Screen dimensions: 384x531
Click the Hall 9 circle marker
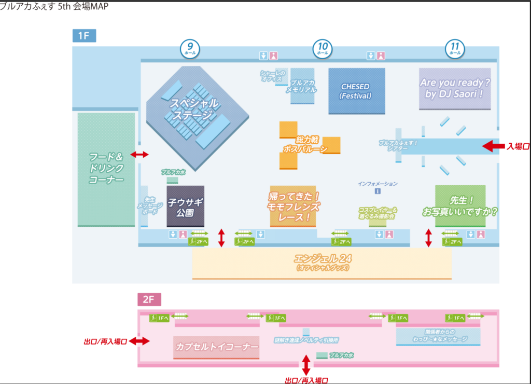(190, 49)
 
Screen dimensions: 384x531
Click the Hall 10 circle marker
(322, 49)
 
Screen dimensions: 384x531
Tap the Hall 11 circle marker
(455, 49)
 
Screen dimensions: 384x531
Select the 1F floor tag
(84, 36)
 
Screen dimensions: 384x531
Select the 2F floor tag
(149, 299)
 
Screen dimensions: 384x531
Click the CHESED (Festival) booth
(356, 91)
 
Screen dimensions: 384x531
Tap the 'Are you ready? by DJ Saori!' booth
(455, 89)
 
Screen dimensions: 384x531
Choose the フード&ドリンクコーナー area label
(106, 168)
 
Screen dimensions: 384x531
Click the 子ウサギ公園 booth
(185, 206)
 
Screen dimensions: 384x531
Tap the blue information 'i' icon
(378, 191)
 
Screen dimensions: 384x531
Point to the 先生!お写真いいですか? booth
(460, 205)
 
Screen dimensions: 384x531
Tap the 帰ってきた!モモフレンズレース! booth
(294, 207)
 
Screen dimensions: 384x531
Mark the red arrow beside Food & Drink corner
(139, 155)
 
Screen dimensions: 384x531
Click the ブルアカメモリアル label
(303, 86)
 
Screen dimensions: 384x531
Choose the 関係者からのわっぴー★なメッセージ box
(438, 336)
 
